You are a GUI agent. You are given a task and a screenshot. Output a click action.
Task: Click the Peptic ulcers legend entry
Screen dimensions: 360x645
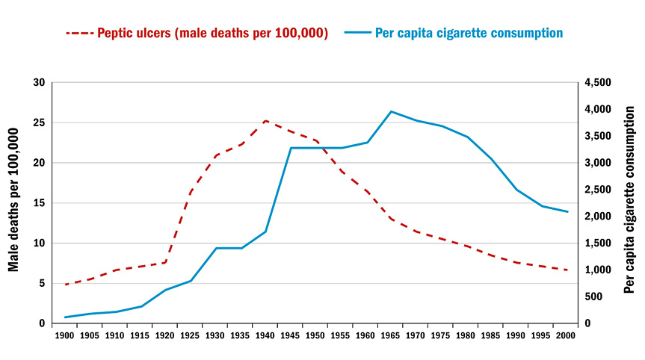click(212, 33)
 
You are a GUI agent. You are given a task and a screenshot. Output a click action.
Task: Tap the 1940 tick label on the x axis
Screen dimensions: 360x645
click(265, 336)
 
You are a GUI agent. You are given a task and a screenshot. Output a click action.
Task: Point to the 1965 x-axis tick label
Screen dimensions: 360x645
click(391, 336)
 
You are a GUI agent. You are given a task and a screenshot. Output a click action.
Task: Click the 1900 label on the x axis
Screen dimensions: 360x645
click(65, 336)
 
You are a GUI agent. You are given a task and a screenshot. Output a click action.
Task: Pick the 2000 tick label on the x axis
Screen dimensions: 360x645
click(567, 336)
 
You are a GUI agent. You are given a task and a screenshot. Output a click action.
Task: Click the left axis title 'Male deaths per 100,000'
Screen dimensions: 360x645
click(14, 202)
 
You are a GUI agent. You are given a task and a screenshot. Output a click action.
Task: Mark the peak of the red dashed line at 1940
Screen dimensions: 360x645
click(265, 120)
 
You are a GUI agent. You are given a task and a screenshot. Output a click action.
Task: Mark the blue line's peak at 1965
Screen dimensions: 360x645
click(391, 111)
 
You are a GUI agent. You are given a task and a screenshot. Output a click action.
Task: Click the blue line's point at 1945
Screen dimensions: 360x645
click(291, 148)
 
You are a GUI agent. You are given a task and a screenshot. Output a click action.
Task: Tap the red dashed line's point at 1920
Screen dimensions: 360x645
click(165, 262)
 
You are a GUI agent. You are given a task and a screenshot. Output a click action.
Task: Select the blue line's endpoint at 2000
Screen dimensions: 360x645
click(567, 212)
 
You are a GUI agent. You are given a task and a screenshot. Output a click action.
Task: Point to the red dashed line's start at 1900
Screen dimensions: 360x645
click(65, 285)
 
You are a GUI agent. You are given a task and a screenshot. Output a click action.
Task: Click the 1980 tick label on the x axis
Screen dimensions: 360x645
click(466, 336)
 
